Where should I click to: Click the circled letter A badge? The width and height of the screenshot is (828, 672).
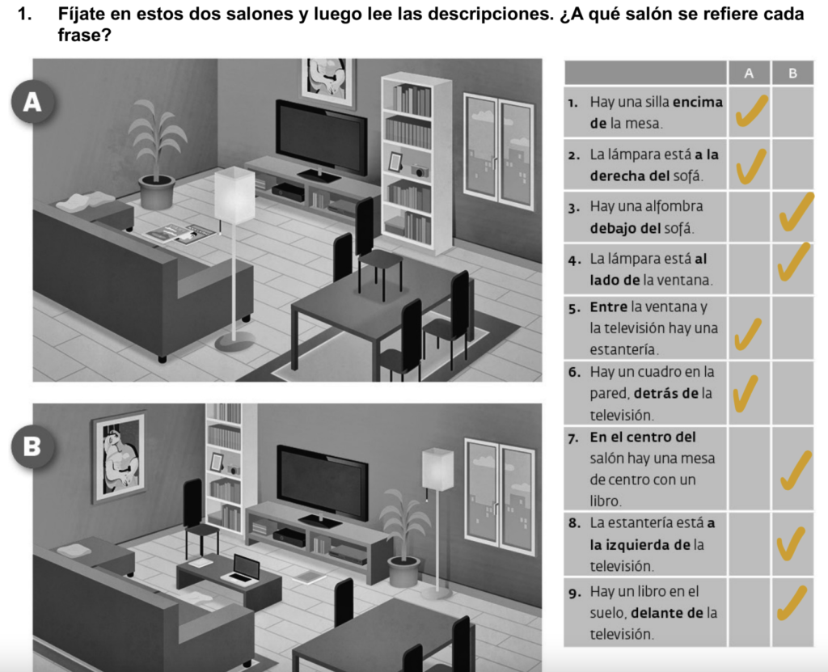click(32, 101)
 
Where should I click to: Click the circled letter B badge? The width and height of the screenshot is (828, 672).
click(32, 446)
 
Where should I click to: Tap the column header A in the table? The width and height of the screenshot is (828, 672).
click(749, 73)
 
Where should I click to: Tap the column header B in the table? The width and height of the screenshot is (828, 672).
click(792, 73)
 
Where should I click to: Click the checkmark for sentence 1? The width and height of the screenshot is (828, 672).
click(751, 112)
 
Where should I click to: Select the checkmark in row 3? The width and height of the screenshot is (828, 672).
click(796, 213)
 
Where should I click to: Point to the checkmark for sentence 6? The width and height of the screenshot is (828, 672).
click(746, 393)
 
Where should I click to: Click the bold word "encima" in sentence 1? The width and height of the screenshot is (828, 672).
click(698, 101)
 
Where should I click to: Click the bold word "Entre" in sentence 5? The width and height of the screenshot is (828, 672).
click(608, 307)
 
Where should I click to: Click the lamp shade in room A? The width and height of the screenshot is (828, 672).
click(234, 195)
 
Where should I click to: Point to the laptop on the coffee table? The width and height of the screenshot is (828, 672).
click(242, 570)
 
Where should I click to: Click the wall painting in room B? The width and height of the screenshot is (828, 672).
click(120, 458)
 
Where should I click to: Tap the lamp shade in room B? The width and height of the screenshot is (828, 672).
click(437, 469)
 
